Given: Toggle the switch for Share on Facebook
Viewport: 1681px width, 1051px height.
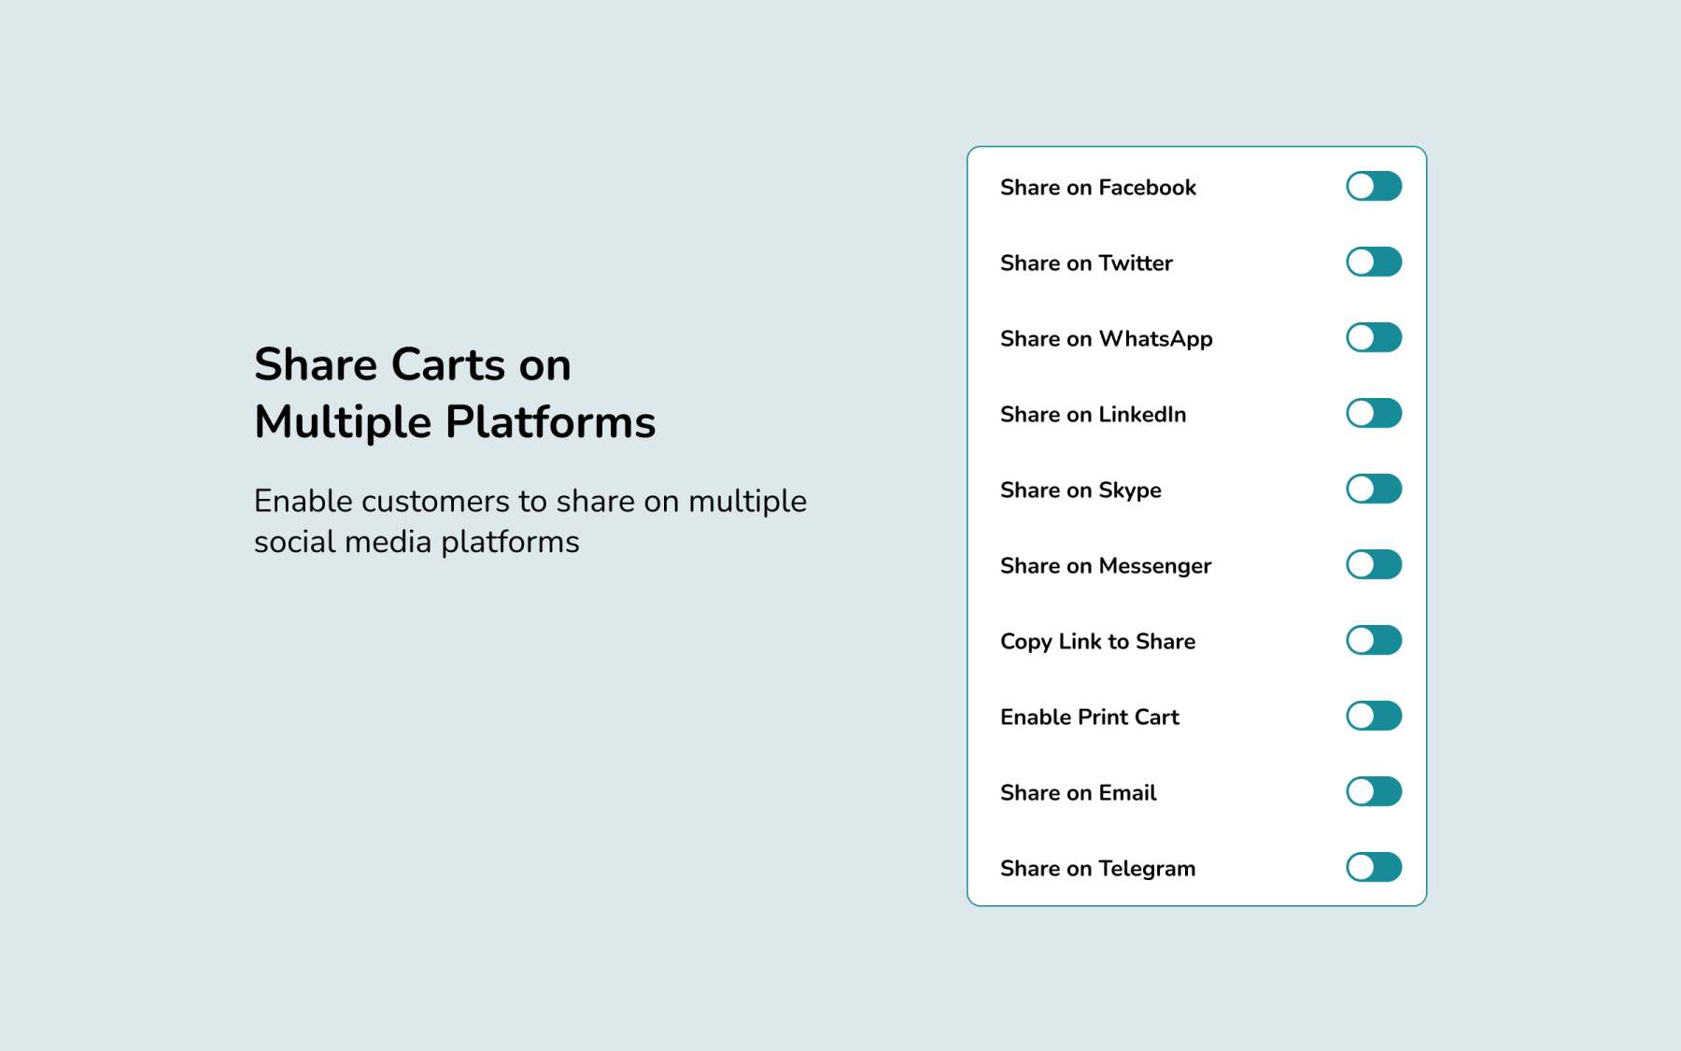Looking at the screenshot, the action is (1374, 186).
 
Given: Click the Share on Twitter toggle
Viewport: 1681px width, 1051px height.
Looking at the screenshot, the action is (1374, 262).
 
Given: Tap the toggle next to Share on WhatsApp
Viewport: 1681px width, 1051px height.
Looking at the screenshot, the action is (1374, 337).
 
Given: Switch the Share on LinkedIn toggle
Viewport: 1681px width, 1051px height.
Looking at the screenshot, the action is (1374, 413).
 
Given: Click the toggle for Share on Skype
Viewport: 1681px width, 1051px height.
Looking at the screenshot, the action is (1374, 489).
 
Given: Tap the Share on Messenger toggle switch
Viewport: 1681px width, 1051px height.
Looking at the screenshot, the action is (1374, 564).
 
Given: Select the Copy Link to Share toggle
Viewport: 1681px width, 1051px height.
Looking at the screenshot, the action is (1374, 640).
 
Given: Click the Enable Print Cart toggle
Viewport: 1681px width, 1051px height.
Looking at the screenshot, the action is (1374, 716).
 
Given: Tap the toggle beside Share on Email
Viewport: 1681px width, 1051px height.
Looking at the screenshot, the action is (1374, 791).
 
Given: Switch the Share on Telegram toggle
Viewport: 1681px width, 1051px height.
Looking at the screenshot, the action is (1374, 867).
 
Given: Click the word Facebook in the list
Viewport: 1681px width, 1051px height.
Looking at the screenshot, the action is (1148, 188).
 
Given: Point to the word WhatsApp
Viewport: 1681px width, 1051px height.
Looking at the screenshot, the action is (1156, 340).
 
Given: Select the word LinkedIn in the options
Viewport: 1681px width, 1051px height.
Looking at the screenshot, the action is (1143, 415).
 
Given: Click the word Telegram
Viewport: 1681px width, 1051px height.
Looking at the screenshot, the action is (1148, 870).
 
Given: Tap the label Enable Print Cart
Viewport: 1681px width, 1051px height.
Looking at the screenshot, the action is (1090, 717).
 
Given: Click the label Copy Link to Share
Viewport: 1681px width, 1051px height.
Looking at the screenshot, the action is (1098, 643).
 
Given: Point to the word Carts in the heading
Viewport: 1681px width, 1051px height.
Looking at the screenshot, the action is (448, 364).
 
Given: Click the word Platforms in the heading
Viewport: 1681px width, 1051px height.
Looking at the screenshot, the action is (551, 423).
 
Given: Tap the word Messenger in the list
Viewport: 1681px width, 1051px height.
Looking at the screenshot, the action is (1155, 567).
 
